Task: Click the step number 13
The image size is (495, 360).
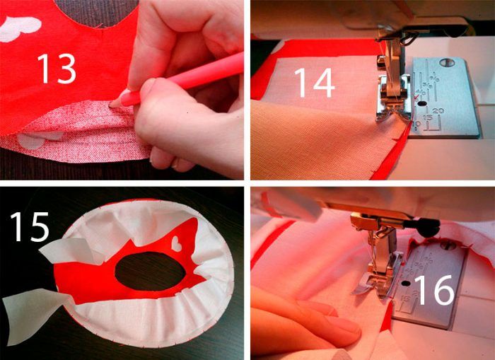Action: (57, 68)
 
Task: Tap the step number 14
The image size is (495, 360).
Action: (315, 83)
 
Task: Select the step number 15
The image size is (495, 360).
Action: (30, 226)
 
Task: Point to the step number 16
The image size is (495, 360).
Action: (435, 290)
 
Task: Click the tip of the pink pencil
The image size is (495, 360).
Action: (112, 105)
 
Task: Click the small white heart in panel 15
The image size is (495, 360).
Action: (176, 243)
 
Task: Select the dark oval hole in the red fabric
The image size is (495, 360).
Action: (150, 272)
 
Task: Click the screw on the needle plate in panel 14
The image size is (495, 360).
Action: (447, 62)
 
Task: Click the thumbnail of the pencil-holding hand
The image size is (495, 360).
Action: (147, 88)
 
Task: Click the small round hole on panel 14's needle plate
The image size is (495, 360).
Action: (421, 103)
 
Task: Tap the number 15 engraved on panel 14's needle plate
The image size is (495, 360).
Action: (428, 118)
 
